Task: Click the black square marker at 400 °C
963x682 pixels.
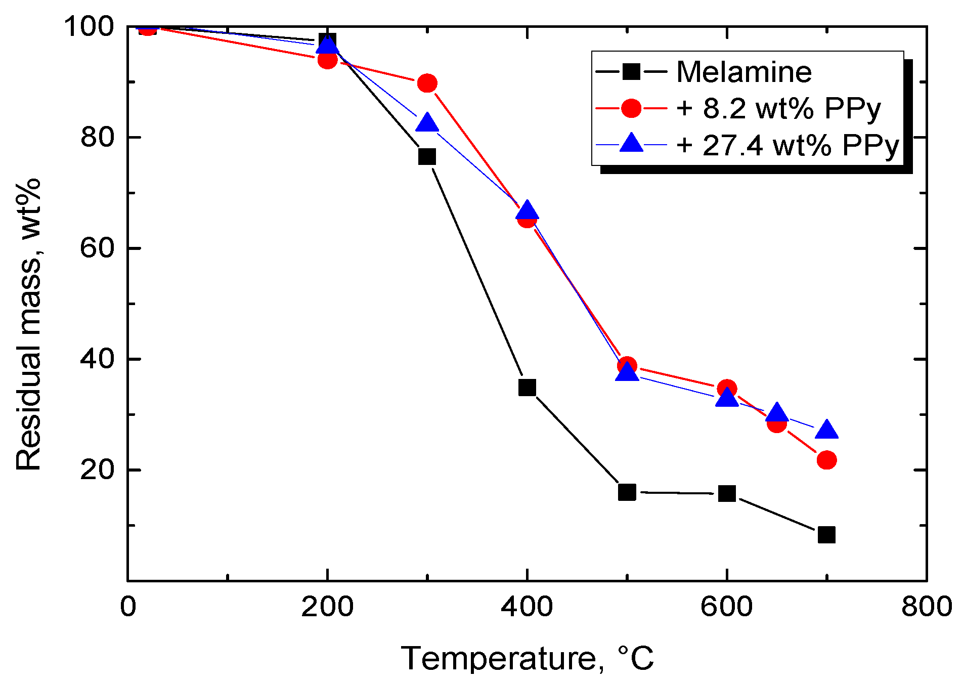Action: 527,388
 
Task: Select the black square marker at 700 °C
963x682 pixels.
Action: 826,535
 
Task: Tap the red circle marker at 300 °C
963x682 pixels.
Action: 427,83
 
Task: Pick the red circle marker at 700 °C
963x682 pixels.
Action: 826,460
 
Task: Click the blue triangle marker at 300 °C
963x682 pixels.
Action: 427,123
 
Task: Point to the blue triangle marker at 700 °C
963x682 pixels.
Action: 826,430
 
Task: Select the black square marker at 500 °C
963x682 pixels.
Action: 627,492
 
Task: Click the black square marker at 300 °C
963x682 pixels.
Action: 427,156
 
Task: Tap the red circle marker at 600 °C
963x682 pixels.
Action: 727,389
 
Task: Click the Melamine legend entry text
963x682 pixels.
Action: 743,72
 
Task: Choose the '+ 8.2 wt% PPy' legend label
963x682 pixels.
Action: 778,108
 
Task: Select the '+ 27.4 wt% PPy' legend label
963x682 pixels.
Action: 787,145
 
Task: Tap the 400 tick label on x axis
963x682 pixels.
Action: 527,606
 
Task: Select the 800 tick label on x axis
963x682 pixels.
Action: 926,606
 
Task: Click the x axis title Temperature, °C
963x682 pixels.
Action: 527,659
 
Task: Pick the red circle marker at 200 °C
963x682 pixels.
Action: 327,60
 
